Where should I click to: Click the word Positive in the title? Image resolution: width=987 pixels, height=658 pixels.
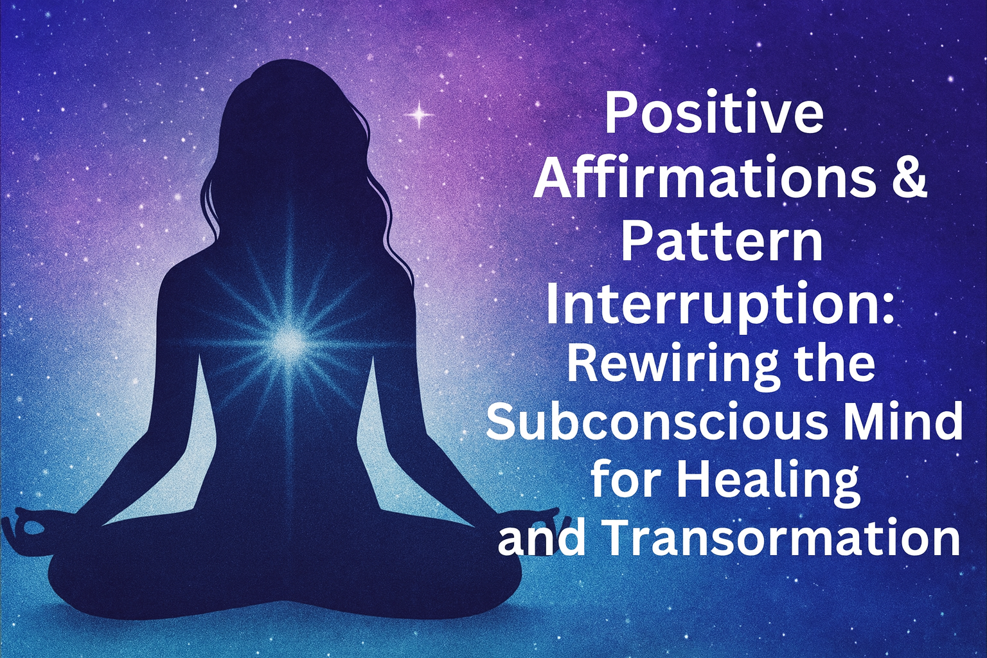[x=714, y=116]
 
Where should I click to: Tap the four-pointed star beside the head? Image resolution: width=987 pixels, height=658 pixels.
[x=419, y=115]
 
